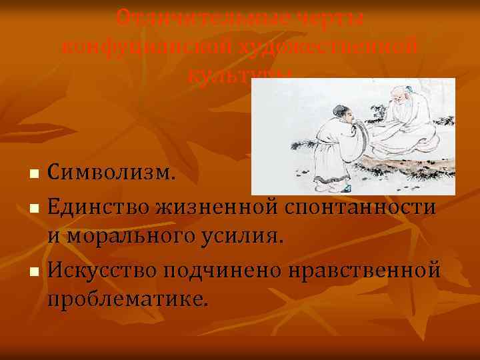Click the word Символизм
tap(113, 175)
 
